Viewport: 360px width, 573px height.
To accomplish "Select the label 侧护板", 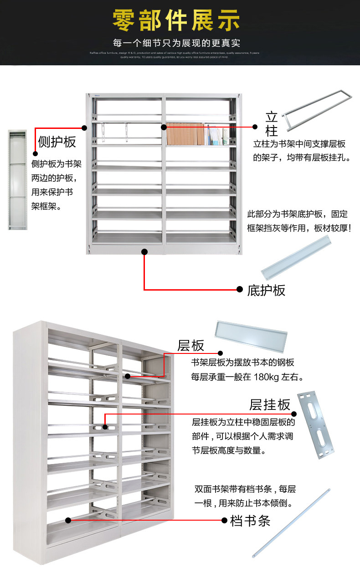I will pyautogui.click(x=57, y=142).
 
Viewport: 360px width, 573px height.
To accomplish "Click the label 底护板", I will pyautogui.click(x=267, y=290).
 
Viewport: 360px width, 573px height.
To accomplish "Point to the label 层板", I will pyautogui.click(x=191, y=345).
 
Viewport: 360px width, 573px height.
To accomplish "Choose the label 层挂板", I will pyautogui.click(x=269, y=404).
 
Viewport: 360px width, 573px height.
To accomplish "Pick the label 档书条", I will pyautogui.click(x=250, y=521).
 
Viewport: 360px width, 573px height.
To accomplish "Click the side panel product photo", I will pyautogui.click(x=17, y=180).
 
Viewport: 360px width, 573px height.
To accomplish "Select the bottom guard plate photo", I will pyautogui.click(x=296, y=257).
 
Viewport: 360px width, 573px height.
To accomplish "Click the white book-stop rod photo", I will pyautogui.click(x=291, y=523).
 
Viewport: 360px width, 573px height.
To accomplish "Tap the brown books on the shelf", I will pyautogui.click(x=186, y=134).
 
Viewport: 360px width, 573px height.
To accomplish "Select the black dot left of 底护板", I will pyautogui.click(x=240, y=289).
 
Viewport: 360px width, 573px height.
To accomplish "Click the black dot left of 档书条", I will pyautogui.click(x=224, y=520).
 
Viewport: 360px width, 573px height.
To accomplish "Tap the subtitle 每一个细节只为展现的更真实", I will pyautogui.click(x=176, y=44).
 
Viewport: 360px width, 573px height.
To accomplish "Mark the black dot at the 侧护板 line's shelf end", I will pyautogui.click(x=84, y=128).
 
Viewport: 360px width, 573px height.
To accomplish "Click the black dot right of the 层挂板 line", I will pyautogui.click(x=293, y=414).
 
